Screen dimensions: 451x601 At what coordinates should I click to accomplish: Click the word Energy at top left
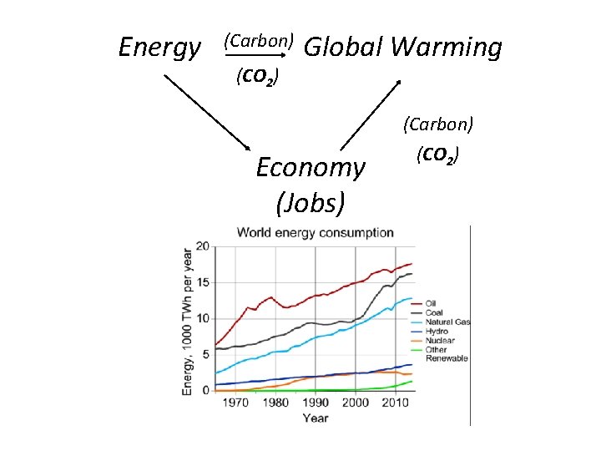coord(159,48)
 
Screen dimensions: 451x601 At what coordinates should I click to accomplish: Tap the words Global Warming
coord(403,48)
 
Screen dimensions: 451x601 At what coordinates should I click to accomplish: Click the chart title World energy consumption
coord(316,232)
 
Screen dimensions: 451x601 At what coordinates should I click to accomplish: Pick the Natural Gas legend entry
coord(448,322)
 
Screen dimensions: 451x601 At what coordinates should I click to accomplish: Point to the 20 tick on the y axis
coord(203,246)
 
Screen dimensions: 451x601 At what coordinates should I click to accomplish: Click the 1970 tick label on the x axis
coord(235,403)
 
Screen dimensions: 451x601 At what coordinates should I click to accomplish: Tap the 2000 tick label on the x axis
coord(355,403)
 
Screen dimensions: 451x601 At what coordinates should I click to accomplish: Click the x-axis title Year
coord(316,418)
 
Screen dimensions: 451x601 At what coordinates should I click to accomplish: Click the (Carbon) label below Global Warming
coord(438,124)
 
